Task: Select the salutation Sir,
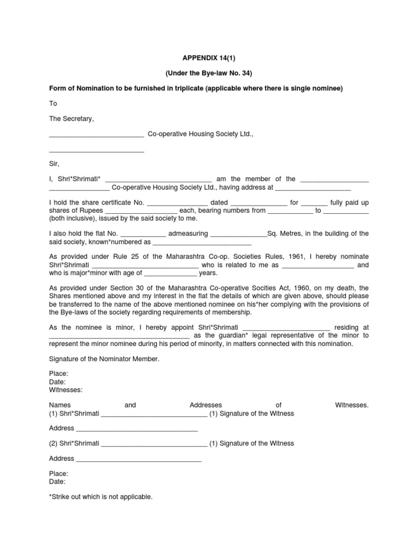click(54, 163)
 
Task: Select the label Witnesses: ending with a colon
click(66, 390)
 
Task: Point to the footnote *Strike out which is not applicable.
click(101, 497)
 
